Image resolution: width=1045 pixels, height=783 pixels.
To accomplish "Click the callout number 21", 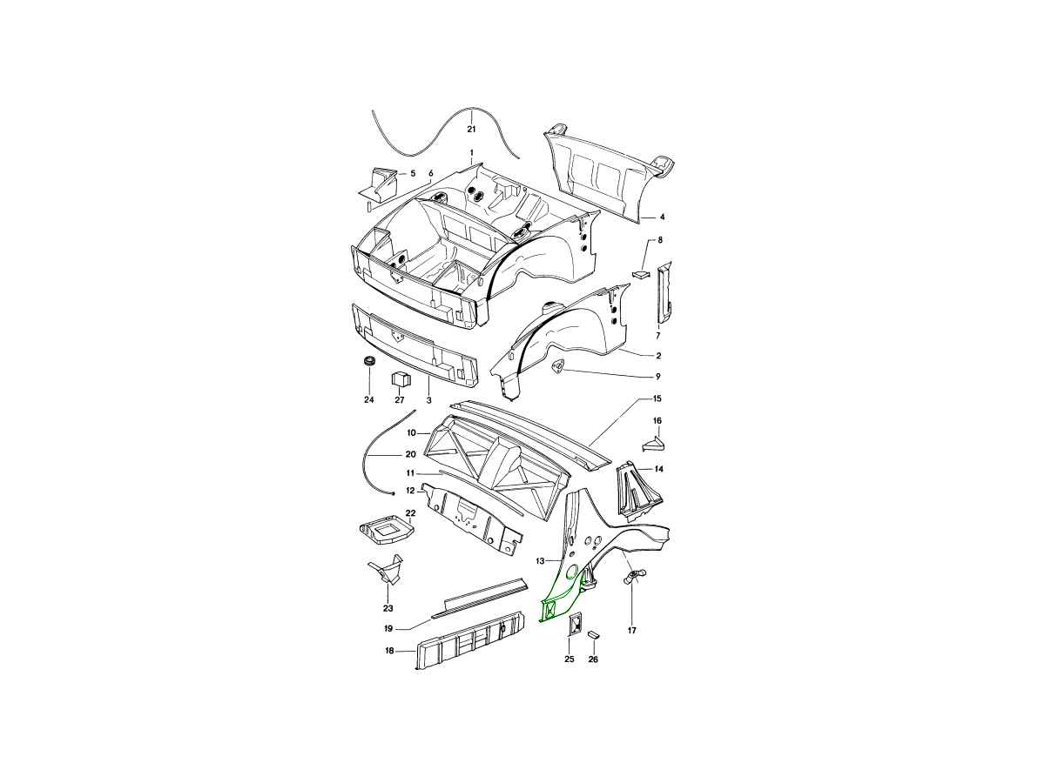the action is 471,129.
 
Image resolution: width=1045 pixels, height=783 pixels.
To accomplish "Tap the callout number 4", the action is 662,217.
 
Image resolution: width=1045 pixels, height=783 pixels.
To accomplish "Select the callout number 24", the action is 369,400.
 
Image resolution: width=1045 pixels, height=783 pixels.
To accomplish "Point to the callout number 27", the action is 400,400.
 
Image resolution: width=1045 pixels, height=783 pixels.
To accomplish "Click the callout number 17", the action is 631,631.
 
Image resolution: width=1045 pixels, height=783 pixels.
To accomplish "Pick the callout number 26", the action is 593,659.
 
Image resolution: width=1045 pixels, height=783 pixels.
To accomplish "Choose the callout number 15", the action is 657,398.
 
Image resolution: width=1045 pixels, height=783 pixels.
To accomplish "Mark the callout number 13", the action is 539,561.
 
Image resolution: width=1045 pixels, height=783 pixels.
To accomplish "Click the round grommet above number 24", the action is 369,361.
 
